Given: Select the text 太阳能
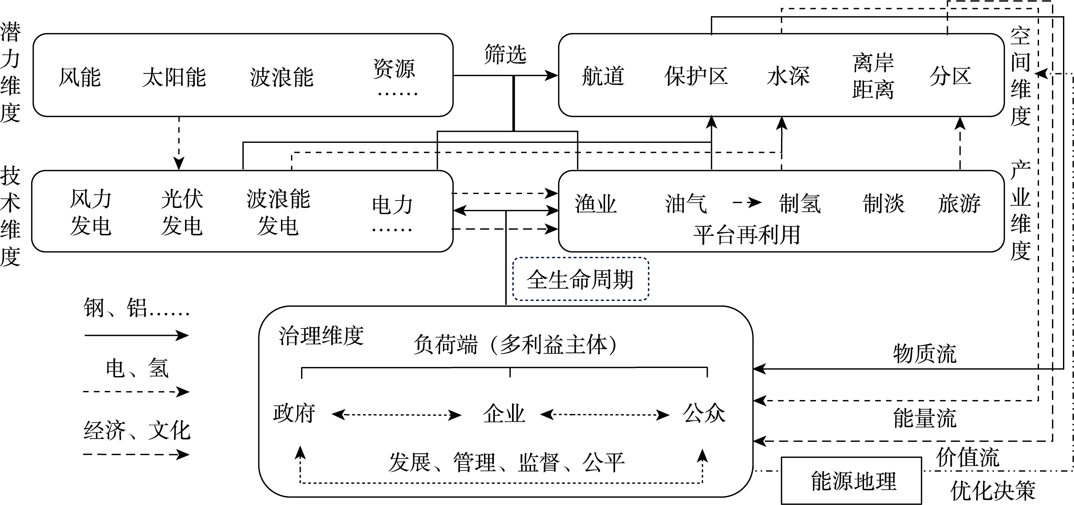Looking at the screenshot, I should pyautogui.click(x=174, y=77).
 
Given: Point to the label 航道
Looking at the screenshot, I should pyautogui.click(x=603, y=76).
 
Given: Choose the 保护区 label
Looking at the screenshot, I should pyautogui.click(x=696, y=76).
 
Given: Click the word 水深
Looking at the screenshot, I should pyautogui.click(x=788, y=76).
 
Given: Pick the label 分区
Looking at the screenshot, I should pyautogui.click(x=950, y=76).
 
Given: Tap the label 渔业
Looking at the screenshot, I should pyautogui.click(x=595, y=204).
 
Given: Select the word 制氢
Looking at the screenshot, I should pyautogui.click(x=800, y=204).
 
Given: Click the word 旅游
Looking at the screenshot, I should pyautogui.click(x=959, y=204).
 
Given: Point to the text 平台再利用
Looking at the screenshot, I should pyautogui.click(x=746, y=235).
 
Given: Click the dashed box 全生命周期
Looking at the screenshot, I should pyautogui.click(x=580, y=279).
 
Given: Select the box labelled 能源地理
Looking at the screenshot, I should pyautogui.click(x=851, y=481).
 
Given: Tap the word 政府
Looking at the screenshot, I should pyautogui.click(x=294, y=414).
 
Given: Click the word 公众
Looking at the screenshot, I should pyautogui.click(x=704, y=414).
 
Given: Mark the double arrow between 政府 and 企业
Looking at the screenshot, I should pyautogui.click(x=396, y=415).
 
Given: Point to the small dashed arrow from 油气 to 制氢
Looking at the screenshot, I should pyautogui.click(x=747, y=203).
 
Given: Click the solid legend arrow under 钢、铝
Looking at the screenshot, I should pyautogui.click(x=136, y=335).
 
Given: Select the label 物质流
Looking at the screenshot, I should pyautogui.click(x=924, y=354).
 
